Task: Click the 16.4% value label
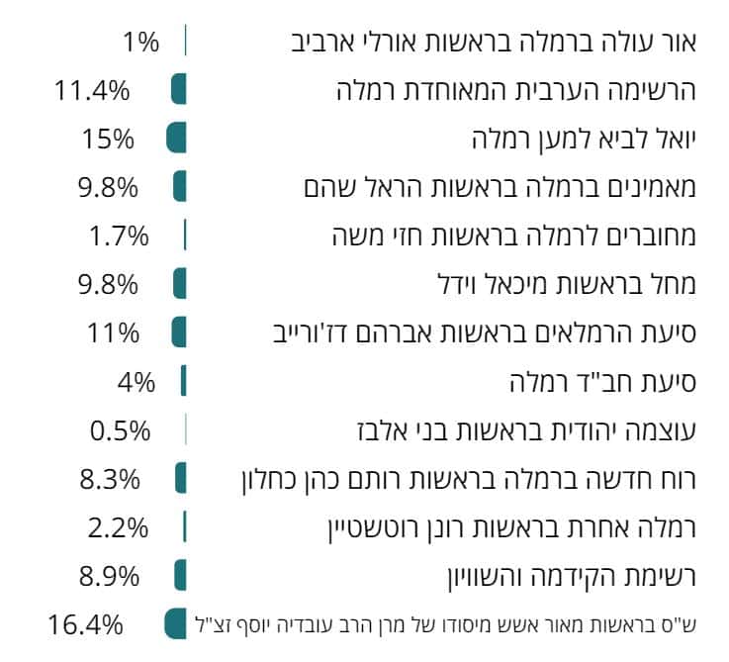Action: click(x=85, y=624)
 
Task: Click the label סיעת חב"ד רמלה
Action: click(x=602, y=381)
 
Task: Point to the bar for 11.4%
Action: click(x=179, y=90)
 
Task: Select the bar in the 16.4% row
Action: click(x=176, y=624)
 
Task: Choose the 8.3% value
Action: click(x=109, y=479)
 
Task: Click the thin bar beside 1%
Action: click(x=185, y=42)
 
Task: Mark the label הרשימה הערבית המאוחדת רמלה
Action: click(x=515, y=91)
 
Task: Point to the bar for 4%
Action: click(x=183, y=381)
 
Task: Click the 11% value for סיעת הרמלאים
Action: click(x=109, y=331)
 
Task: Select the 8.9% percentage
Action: click(x=109, y=575)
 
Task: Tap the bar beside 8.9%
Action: click(x=180, y=575)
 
